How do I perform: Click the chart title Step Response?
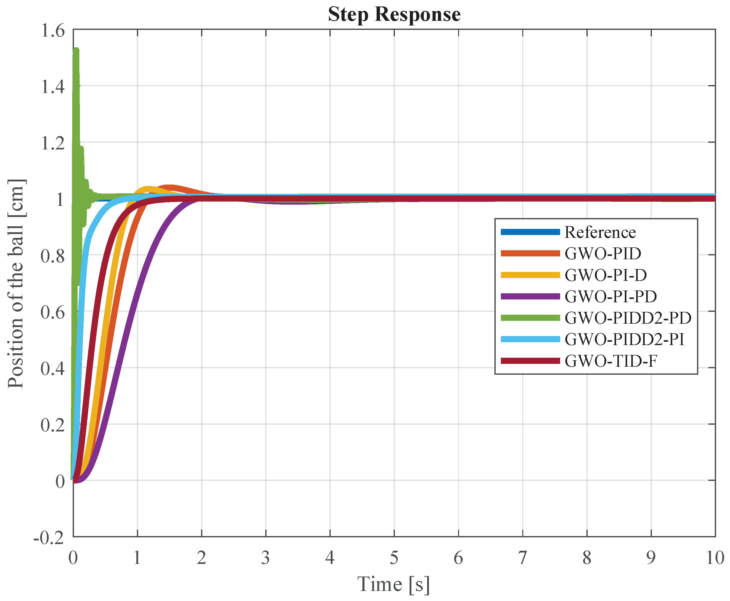[394, 14]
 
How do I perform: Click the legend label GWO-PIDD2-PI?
[624, 339]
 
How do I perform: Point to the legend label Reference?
[600, 232]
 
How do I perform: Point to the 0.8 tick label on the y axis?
[53, 256]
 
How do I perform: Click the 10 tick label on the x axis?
[715, 558]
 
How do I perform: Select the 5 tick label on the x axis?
[394, 558]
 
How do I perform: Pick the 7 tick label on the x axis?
[522, 558]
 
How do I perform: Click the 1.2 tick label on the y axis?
[53, 143]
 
